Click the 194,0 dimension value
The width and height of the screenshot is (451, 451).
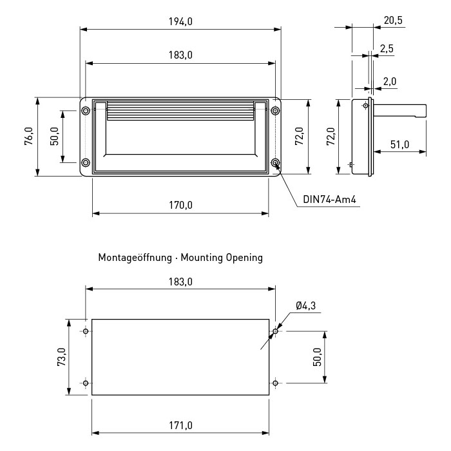(x=180, y=21)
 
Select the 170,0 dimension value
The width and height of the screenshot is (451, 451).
(x=180, y=205)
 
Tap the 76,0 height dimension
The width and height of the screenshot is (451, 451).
(x=29, y=136)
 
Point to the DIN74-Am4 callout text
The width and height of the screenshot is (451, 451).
(x=329, y=199)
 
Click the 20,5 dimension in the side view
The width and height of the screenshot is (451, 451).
(x=393, y=21)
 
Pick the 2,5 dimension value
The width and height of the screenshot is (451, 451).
(x=387, y=48)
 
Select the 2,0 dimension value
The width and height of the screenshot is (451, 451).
(x=390, y=81)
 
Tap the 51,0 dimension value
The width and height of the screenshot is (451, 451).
(x=399, y=144)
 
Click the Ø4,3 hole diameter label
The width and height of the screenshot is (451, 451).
(x=305, y=305)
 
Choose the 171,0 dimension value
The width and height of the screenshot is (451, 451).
(x=180, y=425)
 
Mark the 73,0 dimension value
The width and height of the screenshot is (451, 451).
(x=62, y=357)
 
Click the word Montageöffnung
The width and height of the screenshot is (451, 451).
(x=135, y=258)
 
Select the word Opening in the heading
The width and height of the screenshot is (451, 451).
(x=244, y=258)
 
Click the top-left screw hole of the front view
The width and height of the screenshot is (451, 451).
(x=86, y=110)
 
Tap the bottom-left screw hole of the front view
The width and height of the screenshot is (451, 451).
(x=86, y=163)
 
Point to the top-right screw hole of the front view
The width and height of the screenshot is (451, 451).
(x=276, y=110)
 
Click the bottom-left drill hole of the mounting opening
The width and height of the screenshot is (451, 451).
(x=86, y=383)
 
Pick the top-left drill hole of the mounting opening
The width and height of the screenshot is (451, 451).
(x=86, y=331)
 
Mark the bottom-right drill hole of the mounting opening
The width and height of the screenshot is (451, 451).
(x=275, y=383)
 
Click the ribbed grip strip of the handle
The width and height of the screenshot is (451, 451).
(x=180, y=111)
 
